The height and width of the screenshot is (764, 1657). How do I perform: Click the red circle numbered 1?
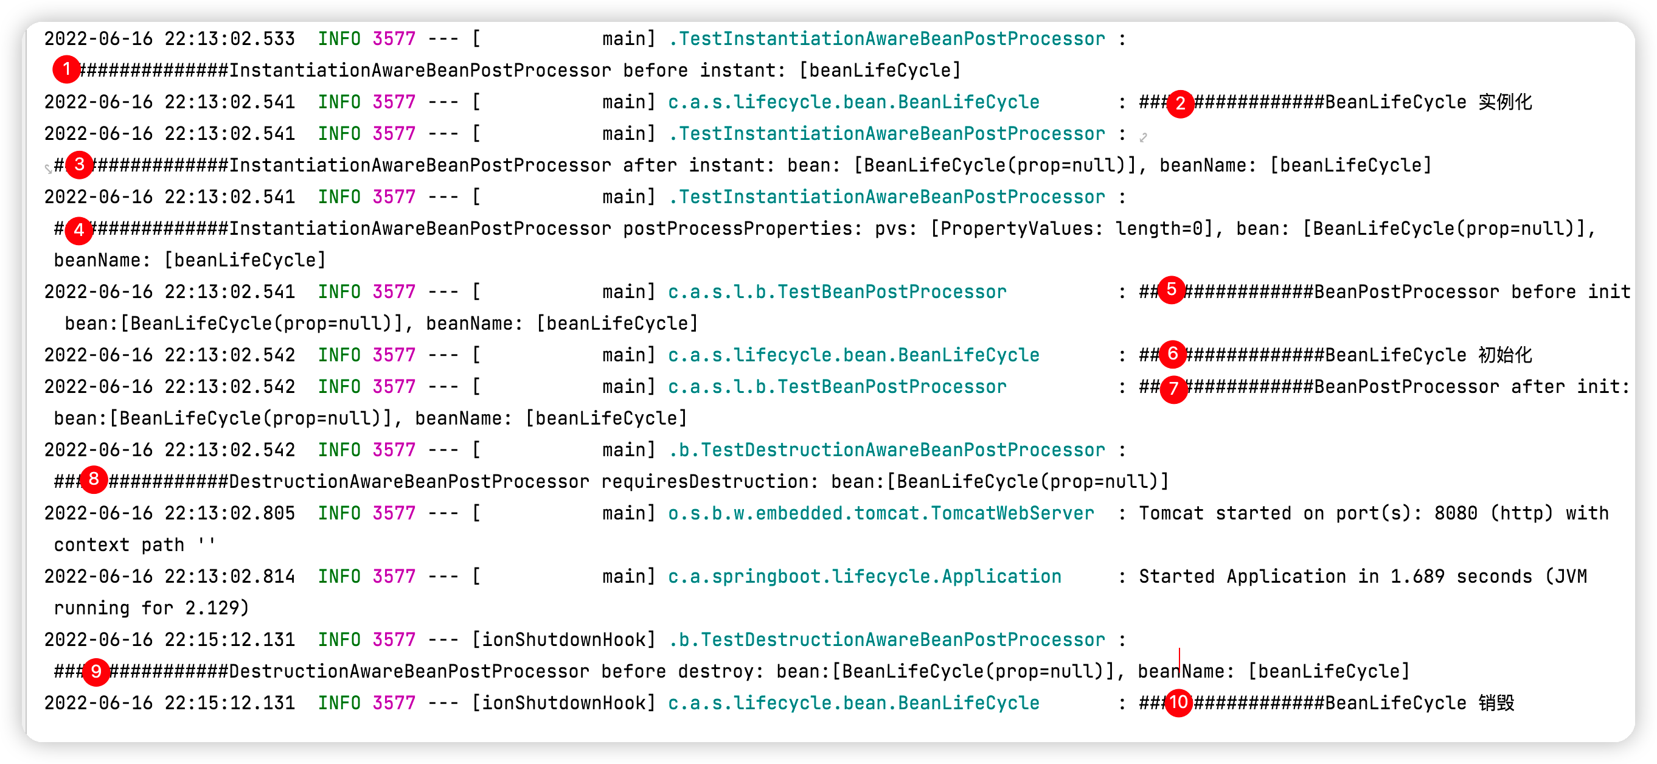[66, 69]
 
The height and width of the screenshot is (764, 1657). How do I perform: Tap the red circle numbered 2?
[1179, 103]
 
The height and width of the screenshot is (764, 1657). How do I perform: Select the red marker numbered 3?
[80, 165]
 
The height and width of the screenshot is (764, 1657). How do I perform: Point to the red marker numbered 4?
[79, 229]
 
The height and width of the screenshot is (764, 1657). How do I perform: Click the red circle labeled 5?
[1172, 290]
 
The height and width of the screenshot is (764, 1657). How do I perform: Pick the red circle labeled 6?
[1173, 353]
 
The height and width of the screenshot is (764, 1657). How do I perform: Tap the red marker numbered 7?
[1174, 389]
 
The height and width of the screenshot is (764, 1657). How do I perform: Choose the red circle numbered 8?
[94, 479]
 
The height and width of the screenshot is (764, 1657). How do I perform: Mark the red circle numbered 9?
[96, 672]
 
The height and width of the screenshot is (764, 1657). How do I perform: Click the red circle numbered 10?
[1178, 703]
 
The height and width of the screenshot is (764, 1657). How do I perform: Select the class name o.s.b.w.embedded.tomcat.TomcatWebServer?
[881, 513]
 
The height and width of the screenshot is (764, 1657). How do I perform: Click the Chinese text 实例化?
[1505, 102]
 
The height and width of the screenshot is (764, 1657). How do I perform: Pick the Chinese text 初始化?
[1505, 355]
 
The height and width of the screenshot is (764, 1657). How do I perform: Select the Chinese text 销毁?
[1496, 703]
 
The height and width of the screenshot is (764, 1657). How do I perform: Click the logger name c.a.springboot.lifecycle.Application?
[864, 576]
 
